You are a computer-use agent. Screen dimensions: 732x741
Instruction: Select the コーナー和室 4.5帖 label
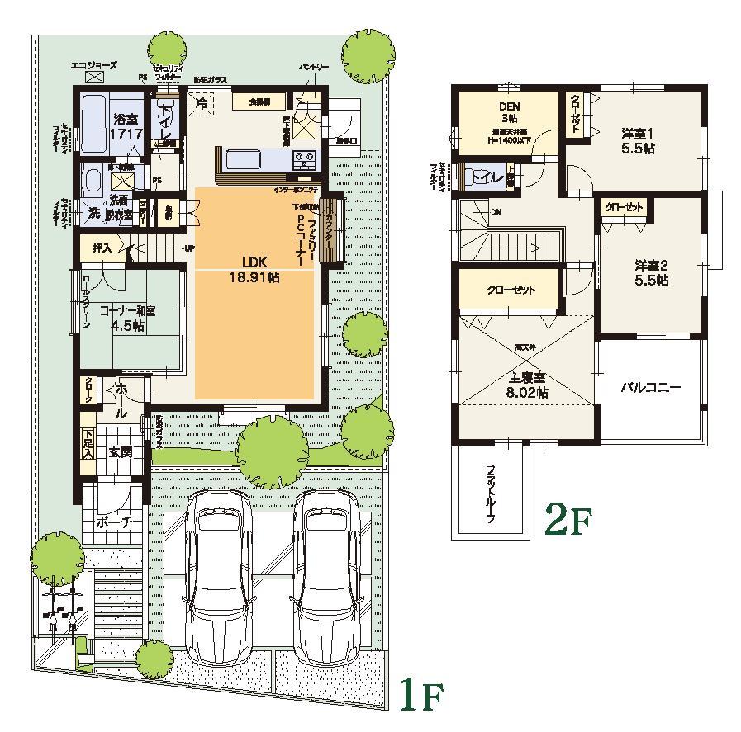(127, 318)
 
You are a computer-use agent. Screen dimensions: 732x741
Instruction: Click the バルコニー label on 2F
(652, 387)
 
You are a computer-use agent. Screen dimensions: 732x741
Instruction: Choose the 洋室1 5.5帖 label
(639, 141)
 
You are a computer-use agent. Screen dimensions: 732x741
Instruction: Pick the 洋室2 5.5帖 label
(651, 272)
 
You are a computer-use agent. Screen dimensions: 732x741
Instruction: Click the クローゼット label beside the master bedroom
(511, 290)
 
